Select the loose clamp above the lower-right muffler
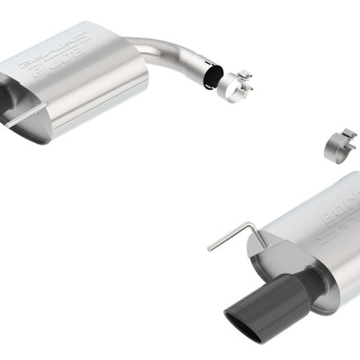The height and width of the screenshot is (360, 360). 338,145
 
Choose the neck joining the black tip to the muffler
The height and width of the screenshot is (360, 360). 310,281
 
